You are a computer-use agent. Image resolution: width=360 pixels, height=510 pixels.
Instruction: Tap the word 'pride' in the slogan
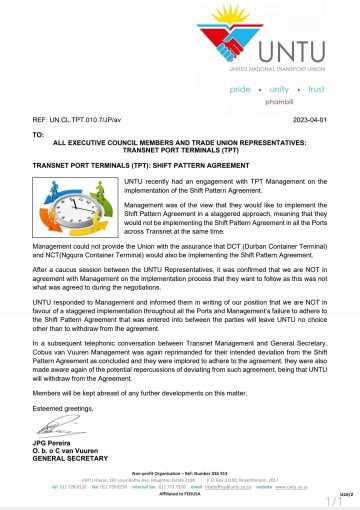pos(241,89)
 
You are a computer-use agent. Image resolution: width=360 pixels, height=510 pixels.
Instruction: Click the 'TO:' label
pos(39,133)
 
